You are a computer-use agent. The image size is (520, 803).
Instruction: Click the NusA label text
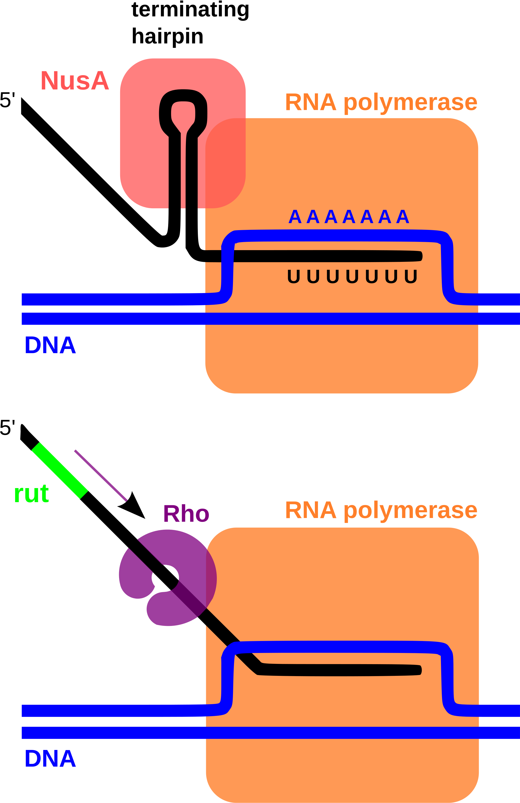[75, 80]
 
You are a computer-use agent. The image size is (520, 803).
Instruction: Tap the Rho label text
[186, 514]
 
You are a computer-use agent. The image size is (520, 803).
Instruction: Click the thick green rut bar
[60, 470]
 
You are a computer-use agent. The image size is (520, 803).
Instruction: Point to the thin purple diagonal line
[101, 475]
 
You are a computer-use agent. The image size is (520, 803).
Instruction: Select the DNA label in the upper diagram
[50, 345]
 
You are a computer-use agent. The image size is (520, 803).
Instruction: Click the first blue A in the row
[295, 217]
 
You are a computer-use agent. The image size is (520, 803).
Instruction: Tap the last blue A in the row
[402, 217]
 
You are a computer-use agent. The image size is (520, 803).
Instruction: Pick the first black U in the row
[294, 276]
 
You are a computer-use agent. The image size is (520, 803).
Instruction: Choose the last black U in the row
[411, 276]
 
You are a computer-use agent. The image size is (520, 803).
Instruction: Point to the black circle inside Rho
[165, 578]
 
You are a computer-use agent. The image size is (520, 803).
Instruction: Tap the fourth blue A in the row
[349, 217]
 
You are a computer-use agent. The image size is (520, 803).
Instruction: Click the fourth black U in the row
[352, 276]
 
